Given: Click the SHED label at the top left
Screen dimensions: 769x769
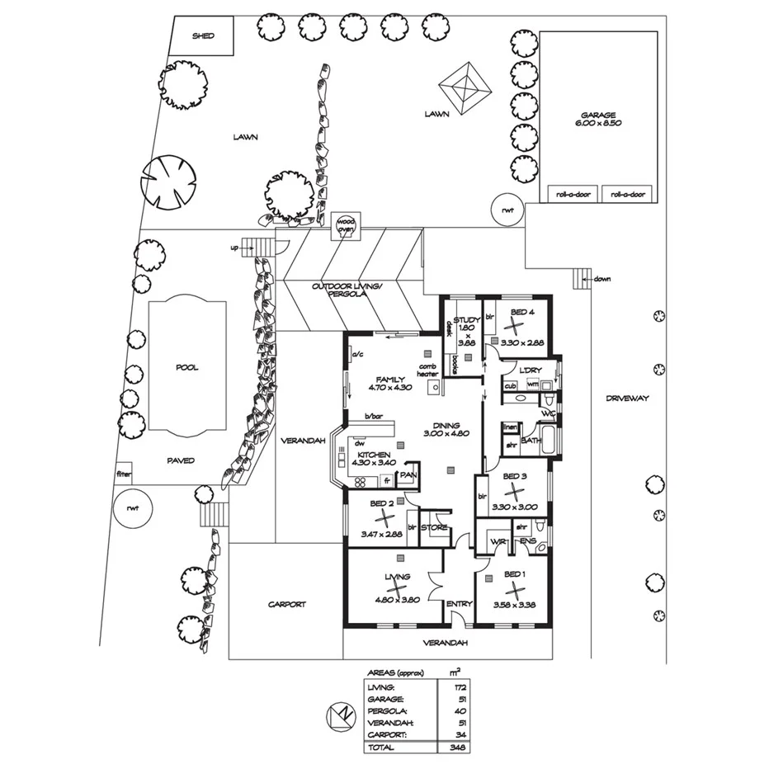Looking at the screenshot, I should coord(202,36).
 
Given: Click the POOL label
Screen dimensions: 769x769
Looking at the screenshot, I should coord(186,368).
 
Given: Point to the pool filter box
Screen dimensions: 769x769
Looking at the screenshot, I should coord(125,474).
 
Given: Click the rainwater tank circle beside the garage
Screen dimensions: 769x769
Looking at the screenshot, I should coord(507,210).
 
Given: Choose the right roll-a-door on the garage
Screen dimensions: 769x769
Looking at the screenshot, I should coord(628,195).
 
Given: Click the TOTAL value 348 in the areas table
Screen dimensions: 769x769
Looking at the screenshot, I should coord(452,747).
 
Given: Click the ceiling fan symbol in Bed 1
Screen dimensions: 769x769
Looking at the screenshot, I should coord(515,591).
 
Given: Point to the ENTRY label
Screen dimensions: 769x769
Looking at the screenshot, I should coord(459,605).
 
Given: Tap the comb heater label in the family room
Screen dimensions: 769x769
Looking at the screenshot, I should coord(427,370).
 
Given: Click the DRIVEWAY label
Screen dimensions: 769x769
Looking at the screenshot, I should coord(628,398).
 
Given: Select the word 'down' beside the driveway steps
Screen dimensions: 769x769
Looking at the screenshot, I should coord(602,279).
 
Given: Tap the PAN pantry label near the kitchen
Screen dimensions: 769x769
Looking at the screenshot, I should coord(407,476).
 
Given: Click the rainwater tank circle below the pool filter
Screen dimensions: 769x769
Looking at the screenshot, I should coord(132,508).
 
